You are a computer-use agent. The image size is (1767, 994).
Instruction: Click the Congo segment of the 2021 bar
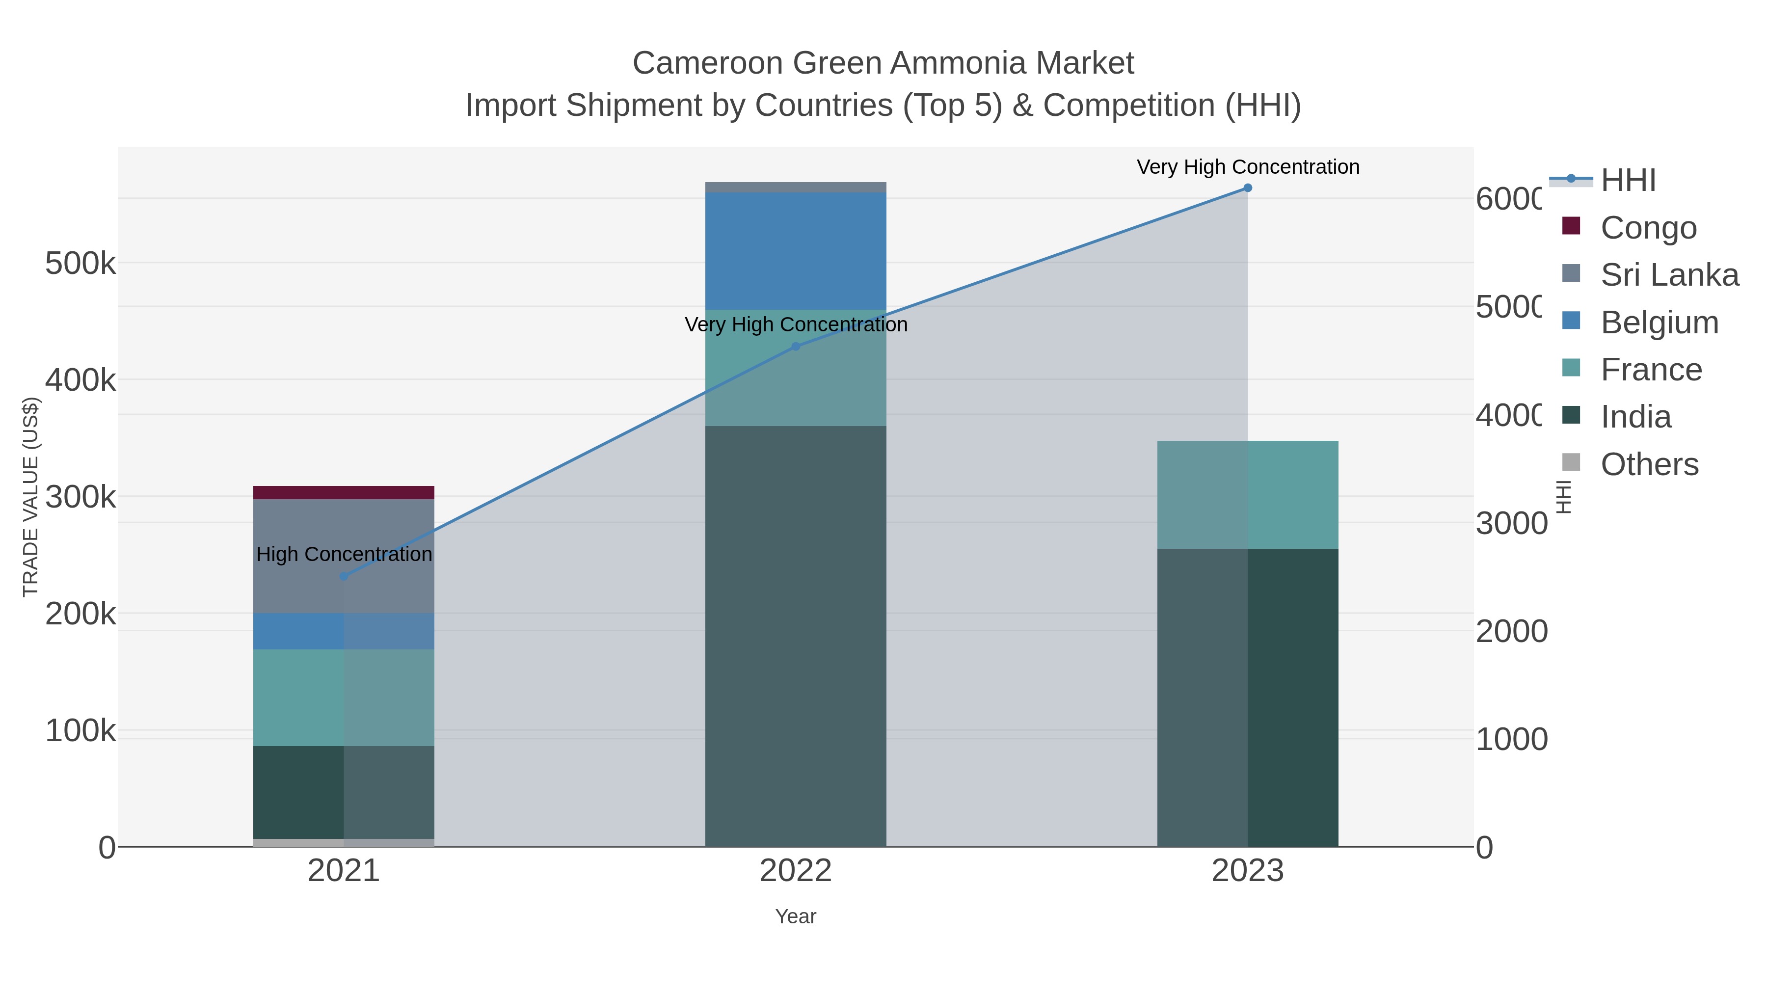[343, 492]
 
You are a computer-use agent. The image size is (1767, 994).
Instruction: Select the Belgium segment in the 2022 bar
[796, 250]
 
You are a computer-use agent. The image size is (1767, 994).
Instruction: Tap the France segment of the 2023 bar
[1247, 495]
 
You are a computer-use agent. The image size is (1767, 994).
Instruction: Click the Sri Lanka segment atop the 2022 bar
[796, 188]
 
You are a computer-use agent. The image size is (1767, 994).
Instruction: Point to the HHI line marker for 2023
[1247, 188]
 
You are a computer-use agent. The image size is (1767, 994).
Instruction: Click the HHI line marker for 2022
[796, 347]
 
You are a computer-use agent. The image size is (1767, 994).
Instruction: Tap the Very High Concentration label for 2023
[1247, 167]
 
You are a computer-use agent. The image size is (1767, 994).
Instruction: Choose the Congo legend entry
[1648, 228]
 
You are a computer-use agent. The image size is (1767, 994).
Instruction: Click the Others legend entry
[1649, 464]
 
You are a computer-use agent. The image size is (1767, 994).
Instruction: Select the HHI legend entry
[1627, 181]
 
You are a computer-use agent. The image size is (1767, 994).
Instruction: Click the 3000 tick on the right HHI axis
[1511, 523]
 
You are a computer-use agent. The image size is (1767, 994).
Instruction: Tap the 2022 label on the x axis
[796, 871]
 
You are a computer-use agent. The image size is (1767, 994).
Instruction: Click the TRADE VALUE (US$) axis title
[31, 497]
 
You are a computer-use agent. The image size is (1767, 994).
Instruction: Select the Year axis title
[796, 916]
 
